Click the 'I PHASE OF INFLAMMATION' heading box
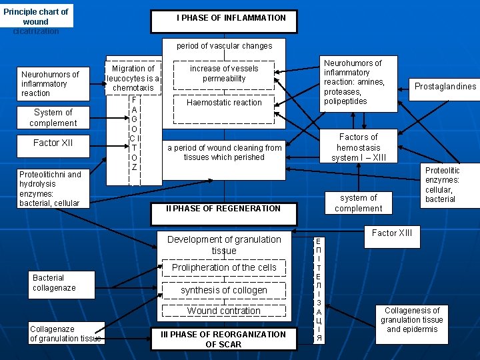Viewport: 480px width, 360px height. coord(231,18)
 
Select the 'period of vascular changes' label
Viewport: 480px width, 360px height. coord(224,46)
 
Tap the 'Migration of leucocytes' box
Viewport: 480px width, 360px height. coord(133,78)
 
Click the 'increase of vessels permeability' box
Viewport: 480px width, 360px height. coord(224,73)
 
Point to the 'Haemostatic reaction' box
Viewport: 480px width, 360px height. coord(224,103)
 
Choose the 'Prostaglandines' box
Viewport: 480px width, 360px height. coord(445,87)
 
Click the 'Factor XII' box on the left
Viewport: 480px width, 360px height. coord(53,143)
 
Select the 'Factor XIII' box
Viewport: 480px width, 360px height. coord(392,233)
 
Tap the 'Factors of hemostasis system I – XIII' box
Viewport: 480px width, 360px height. coord(358,147)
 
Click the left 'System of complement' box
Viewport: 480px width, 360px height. coord(53,117)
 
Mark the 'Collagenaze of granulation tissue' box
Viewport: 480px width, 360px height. coord(65,333)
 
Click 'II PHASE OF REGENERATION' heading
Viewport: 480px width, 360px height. coord(223,208)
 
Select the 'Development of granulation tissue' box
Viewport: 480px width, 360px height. coord(224,245)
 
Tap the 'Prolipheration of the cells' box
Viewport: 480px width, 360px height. coord(224,267)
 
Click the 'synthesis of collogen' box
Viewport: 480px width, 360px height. coord(224,290)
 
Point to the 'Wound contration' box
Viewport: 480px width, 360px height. coord(224,311)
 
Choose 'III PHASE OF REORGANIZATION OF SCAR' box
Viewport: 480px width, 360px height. coord(223,339)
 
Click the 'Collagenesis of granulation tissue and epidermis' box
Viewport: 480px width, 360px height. coord(411,320)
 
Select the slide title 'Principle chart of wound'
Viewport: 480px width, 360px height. coord(36,17)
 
